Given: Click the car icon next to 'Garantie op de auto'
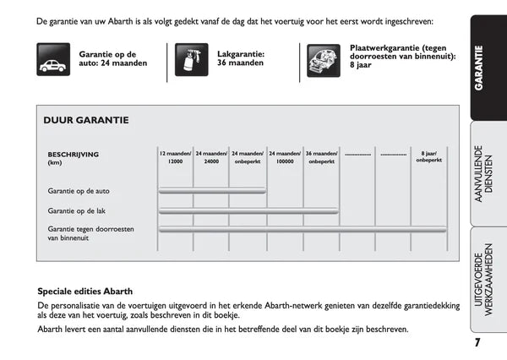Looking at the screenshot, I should [53, 62].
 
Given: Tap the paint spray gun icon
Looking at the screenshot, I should [191, 61].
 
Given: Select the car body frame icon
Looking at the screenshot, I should [324, 61].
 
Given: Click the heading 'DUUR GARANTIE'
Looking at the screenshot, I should [86, 120].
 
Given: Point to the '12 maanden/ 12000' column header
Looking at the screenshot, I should [176, 157].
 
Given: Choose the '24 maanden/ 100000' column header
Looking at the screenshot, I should [285, 157].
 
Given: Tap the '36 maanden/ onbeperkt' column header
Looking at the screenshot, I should [321, 157].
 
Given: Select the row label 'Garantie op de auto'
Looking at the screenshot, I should [79, 191].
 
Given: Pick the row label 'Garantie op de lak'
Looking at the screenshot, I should [76, 210].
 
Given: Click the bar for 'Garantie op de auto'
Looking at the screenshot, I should [212, 191].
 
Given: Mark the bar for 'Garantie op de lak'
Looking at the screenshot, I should [248, 210].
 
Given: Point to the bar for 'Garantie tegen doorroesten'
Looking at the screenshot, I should [303, 229].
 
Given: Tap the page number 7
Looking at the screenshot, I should [477, 341].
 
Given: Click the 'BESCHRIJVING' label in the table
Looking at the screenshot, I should [74, 154].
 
